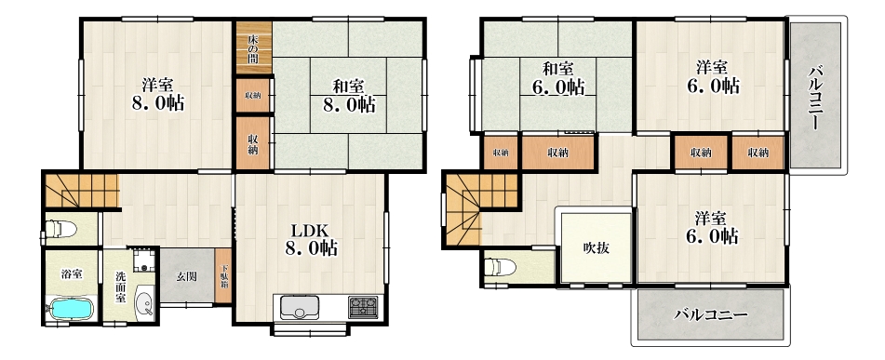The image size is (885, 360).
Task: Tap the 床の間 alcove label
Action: pos(253,48)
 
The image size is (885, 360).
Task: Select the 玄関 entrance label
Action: pos(187,276)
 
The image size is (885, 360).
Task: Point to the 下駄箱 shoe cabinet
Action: pos(224,276)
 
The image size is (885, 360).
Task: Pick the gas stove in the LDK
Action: pos(363,308)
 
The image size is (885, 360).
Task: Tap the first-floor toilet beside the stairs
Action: pos(60,229)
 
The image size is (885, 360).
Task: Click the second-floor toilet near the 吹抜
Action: pos(501,266)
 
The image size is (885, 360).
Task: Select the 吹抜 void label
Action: pos(596,247)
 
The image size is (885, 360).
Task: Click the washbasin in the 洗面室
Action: pos(145,303)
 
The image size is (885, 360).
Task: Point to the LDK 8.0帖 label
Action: pos(311,239)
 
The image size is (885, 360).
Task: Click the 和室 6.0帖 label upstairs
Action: pos(557,78)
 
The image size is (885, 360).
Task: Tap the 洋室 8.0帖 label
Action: pos(157,94)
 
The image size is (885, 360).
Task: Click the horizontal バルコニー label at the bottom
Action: pos(711,314)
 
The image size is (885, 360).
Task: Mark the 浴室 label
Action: pos(73,274)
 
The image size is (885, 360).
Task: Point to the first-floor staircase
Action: pos(81,190)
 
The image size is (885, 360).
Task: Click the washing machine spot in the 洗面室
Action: pos(145,261)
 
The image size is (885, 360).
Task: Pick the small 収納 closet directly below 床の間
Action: pos(253,95)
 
